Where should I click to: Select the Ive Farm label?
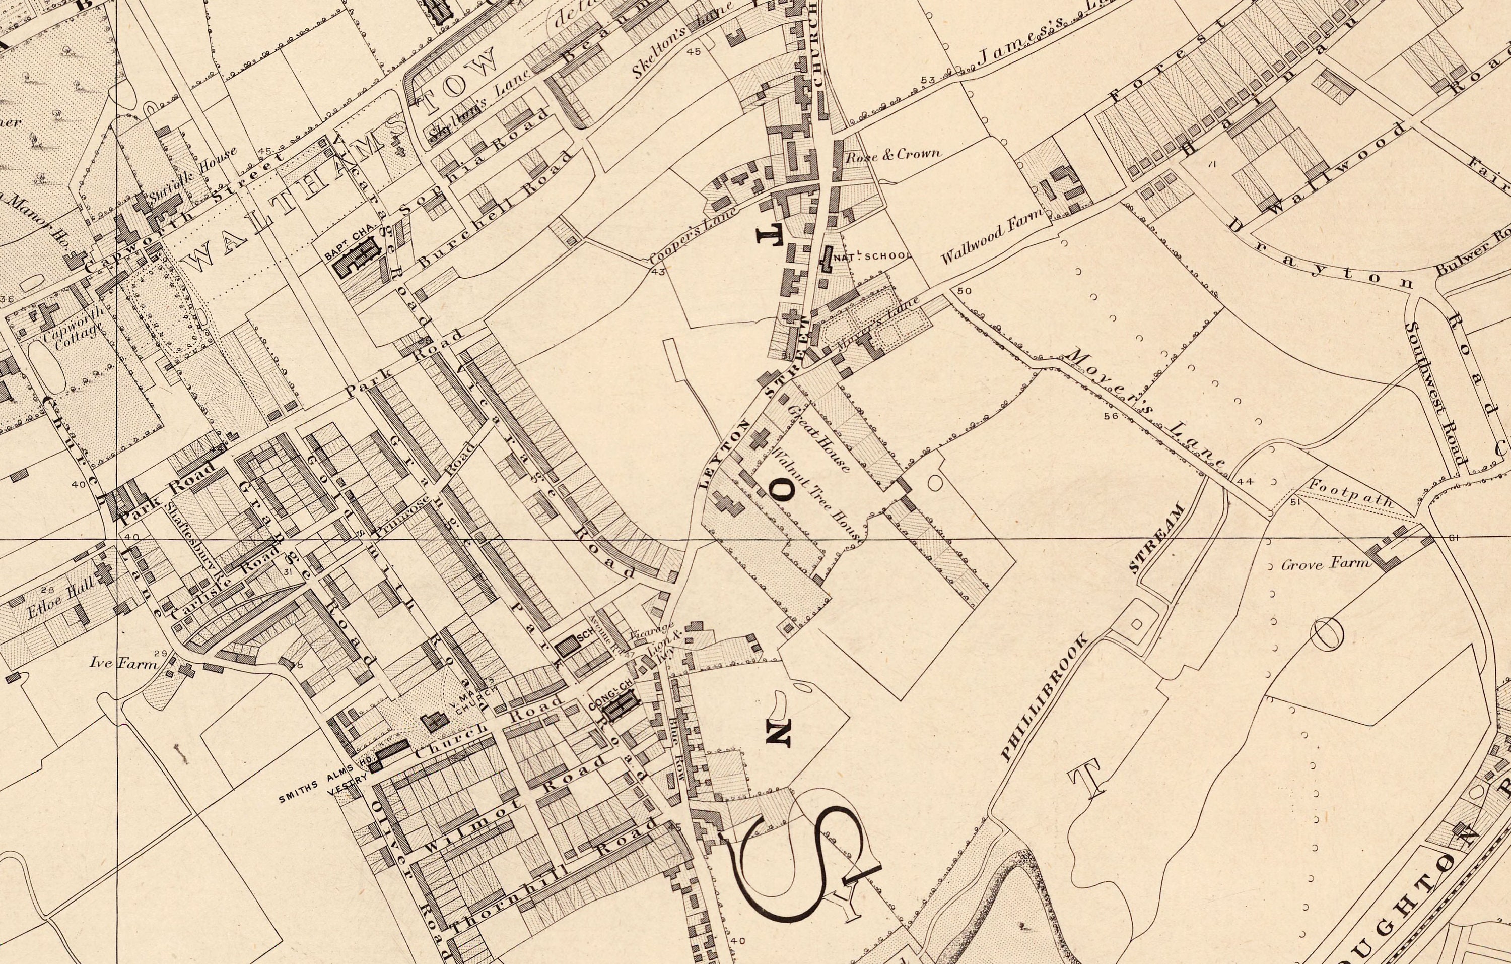122,662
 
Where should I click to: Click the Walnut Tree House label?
816,494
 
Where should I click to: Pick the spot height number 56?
1111,415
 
